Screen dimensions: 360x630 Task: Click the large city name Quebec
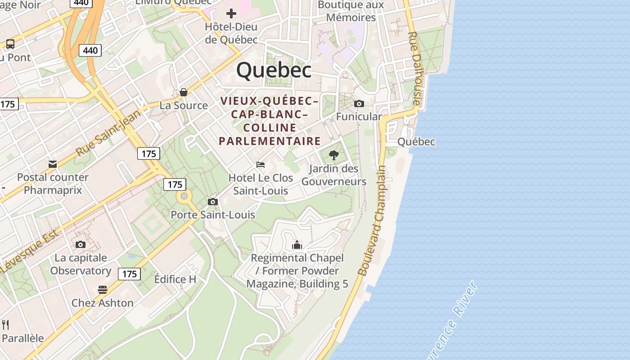click(274, 70)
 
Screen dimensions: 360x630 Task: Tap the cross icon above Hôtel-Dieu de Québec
click(231, 13)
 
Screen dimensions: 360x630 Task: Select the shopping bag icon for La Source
click(184, 92)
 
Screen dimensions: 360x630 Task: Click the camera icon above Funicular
click(359, 104)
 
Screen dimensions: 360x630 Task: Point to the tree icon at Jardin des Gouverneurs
click(334, 155)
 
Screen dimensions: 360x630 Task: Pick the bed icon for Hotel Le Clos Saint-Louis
click(261, 165)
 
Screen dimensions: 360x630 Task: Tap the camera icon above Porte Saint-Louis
click(213, 202)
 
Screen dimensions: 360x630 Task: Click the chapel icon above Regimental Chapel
click(297, 245)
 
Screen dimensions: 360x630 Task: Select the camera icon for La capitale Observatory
click(81, 244)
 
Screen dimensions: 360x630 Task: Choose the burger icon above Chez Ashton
click(103, 289)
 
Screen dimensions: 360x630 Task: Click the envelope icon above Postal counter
click(53, 164)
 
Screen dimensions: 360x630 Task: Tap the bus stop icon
click(10, 44)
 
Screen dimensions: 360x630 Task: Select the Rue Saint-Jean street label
click(108, 131)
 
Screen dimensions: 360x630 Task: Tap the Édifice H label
click(175, 279)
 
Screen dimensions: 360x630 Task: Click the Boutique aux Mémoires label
click(351, 11)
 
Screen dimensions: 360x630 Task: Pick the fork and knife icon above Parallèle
click(6, 324)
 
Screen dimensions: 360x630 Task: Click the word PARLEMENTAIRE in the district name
click(270, 141)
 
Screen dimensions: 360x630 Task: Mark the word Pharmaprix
click(53, 190)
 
